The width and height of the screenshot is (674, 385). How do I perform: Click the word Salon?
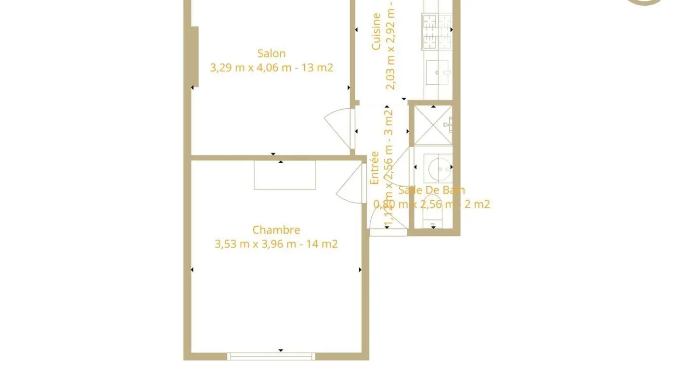point(271,53)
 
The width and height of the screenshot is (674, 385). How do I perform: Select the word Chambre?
point(276,230)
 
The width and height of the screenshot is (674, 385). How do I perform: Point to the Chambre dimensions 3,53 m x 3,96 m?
point(255,244)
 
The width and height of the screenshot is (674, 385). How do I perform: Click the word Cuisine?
point(376,32)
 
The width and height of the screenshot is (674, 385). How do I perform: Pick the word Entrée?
point(375,168)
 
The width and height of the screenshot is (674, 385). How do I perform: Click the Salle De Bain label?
point(431,190)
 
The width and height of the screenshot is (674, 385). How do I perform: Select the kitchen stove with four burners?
point(437,32)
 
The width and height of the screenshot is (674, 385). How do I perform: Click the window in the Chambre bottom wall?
point(271,357)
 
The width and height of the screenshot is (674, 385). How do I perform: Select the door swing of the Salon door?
point(339,128)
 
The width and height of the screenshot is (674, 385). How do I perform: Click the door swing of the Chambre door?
point(350,185)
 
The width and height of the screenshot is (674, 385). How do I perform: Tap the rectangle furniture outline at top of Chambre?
point(285,175)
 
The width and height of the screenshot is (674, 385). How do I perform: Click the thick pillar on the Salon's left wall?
point(195,57)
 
